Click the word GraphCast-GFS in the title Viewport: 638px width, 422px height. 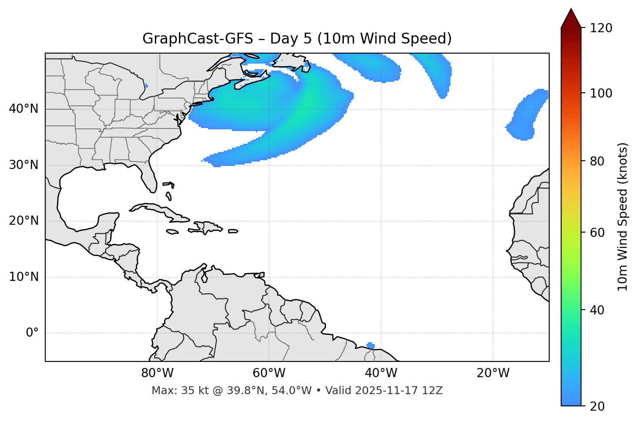198,39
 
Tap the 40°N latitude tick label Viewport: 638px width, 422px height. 24,109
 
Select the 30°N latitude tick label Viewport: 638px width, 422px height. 24,165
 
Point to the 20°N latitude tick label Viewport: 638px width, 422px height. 24,221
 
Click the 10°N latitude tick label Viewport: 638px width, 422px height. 24,277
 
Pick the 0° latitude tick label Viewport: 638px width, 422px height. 32,333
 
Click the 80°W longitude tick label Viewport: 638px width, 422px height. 157,373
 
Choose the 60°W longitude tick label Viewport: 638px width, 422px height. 269,373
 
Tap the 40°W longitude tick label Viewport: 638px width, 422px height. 381,373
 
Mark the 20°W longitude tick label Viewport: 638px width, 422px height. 493,373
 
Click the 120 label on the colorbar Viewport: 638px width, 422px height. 601,28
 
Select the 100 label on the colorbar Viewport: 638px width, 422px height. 601,93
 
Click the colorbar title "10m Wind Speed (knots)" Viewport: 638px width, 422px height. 623,216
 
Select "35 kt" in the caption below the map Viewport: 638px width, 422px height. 191,391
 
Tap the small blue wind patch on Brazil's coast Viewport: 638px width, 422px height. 370,345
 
